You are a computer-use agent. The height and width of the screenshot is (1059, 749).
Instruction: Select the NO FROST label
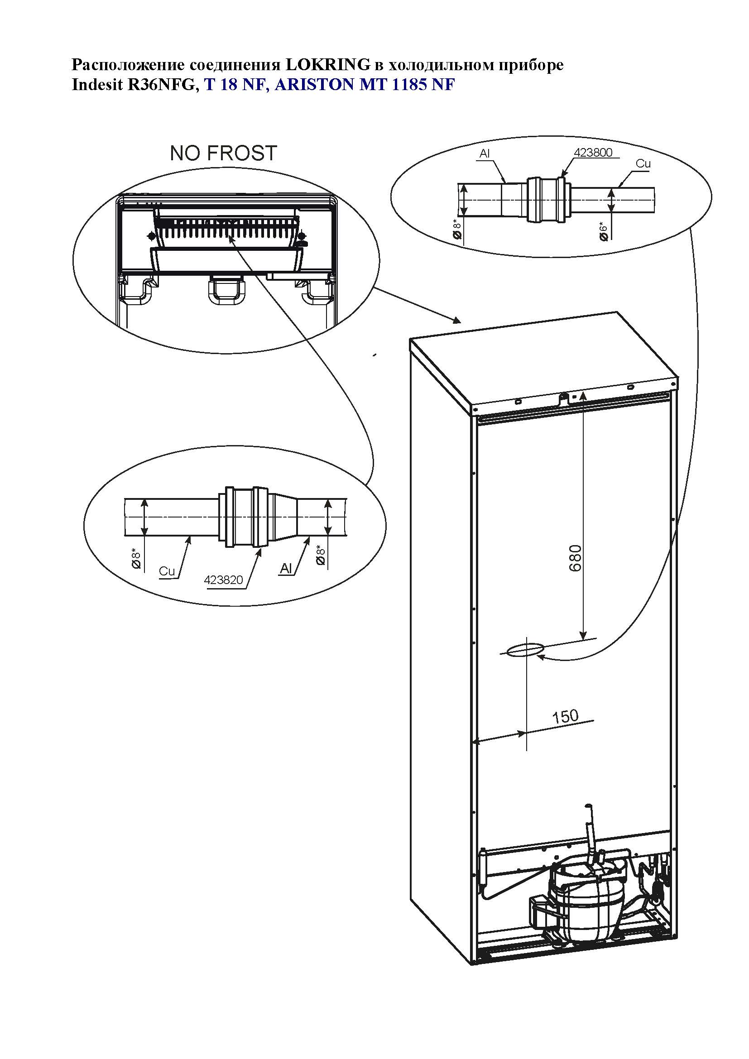[x=223, y=153]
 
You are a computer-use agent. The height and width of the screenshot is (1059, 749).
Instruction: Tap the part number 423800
[x=593, y=153]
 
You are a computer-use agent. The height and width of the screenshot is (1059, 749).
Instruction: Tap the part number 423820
[x=223, y=580]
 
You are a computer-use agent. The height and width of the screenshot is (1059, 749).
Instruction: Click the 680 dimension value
[x=576, y=558]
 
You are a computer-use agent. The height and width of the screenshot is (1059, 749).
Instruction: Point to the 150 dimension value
[x=565, y=716]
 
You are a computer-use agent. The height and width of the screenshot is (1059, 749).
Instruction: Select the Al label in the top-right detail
[x=484, y=153]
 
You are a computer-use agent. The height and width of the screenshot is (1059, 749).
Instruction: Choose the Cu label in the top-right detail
[x=643, y=164]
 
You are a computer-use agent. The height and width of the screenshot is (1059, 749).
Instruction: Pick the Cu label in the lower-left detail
[x=167, y=571]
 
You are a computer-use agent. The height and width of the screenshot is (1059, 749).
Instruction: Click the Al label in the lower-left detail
[x=286, y=569]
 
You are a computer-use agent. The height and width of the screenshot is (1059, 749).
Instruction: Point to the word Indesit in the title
[x=97, y=85]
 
